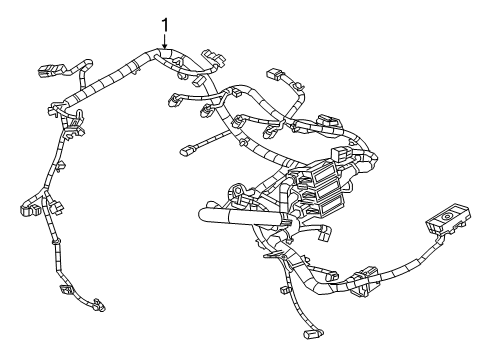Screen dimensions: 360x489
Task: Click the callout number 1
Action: pyautogui.click(x=165, y=23)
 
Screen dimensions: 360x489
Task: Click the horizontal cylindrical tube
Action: pyautogui.click(x=239, y=212)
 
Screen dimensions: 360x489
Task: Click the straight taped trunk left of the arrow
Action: pyautogui.click(x=110, y=83)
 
